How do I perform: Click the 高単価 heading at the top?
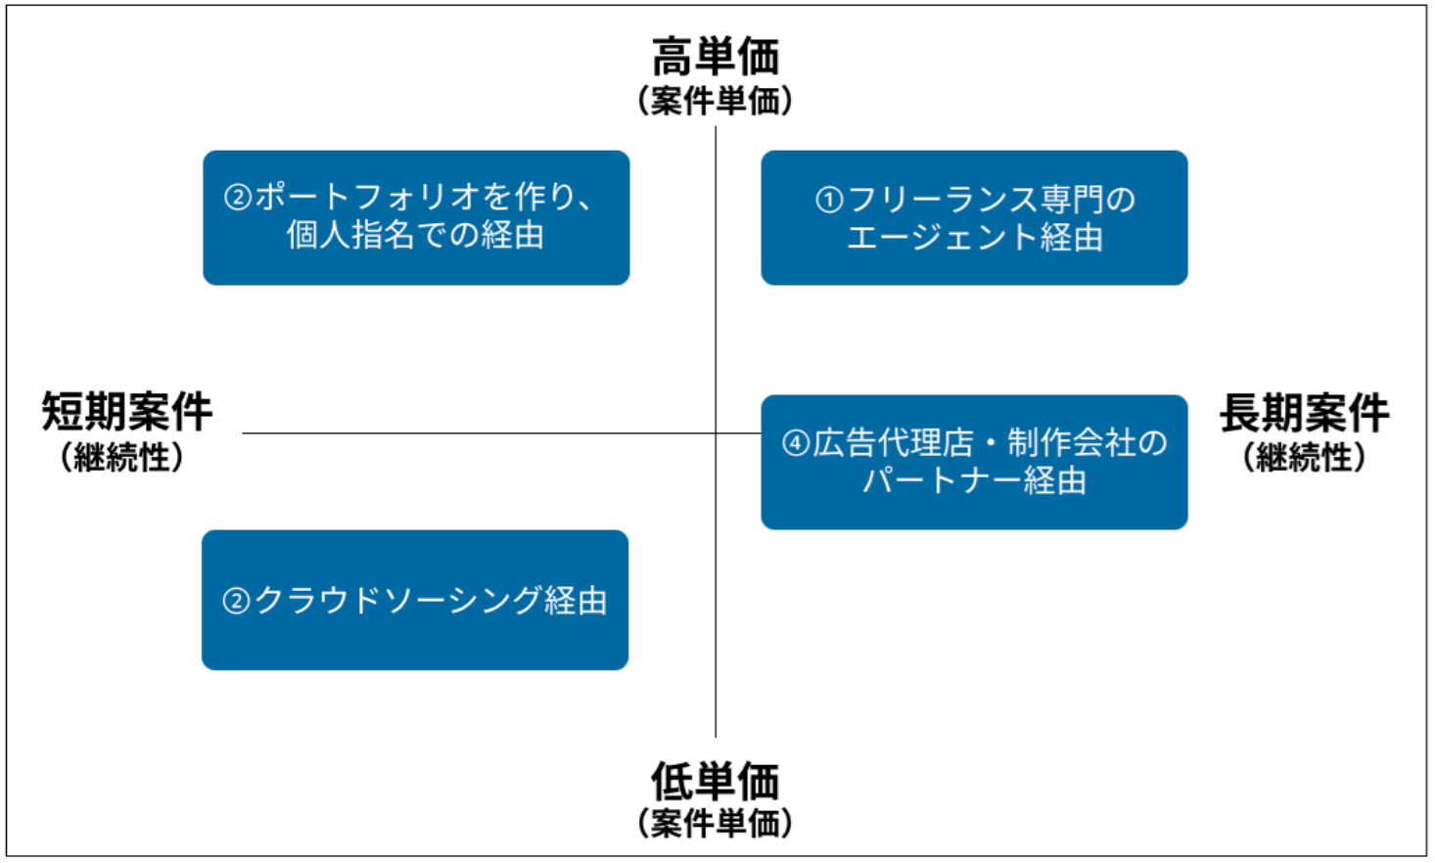click(x=716, y=57)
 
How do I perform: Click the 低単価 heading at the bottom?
click(x=716, y=782)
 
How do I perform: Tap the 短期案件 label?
click(x=126, y=412)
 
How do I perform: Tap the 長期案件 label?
click(x=1304, y=412)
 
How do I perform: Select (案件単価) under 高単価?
click(x=716, y=101)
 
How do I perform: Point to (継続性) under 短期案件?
click(x=122, y=457)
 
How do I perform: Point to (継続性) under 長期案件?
click(x=1304, y=457)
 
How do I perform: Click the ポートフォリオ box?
click(x=416, y=217)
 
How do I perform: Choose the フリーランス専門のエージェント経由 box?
click(x=974, y=217)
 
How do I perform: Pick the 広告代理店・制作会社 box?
click(x=974, y=462)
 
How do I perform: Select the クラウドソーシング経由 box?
click(x=415, y=600)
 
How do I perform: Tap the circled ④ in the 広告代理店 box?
click(x=795, y=443)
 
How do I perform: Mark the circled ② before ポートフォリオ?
click(x=238, y=198)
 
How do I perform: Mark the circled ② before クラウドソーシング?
click(x=237, y=600)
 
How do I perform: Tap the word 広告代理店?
click(x=894, y=443)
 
